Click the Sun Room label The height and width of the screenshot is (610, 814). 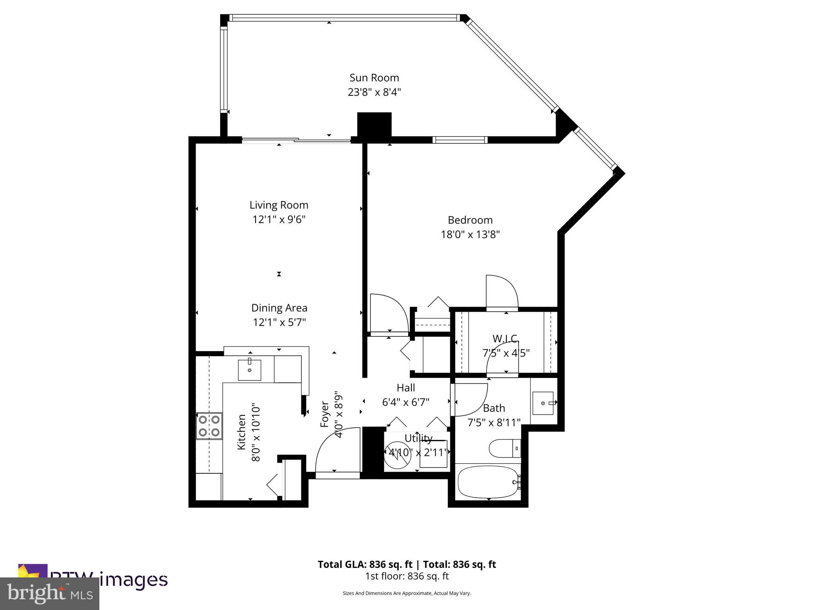(374, 78)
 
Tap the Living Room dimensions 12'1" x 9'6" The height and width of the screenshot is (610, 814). (279, 219)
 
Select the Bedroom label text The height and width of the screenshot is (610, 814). (470, 220)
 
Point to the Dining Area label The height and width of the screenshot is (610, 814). (279, 308)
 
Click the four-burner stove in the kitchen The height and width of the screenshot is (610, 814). (209, 426)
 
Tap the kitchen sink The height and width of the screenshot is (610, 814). (249, 370)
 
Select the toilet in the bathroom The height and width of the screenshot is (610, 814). (504, 448)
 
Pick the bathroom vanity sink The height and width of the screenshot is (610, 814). (543, 403)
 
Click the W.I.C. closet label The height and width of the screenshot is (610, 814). (505, 339)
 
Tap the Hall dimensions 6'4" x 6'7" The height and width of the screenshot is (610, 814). (405, 402)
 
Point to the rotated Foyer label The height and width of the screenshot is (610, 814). (325, 415)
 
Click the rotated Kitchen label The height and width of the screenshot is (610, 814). (241, 432)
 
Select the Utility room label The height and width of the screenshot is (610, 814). (418, 438)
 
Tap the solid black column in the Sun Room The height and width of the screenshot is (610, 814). (374, 125)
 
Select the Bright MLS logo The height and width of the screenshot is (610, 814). (49, 593)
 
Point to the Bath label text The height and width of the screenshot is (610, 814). (494, 408)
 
